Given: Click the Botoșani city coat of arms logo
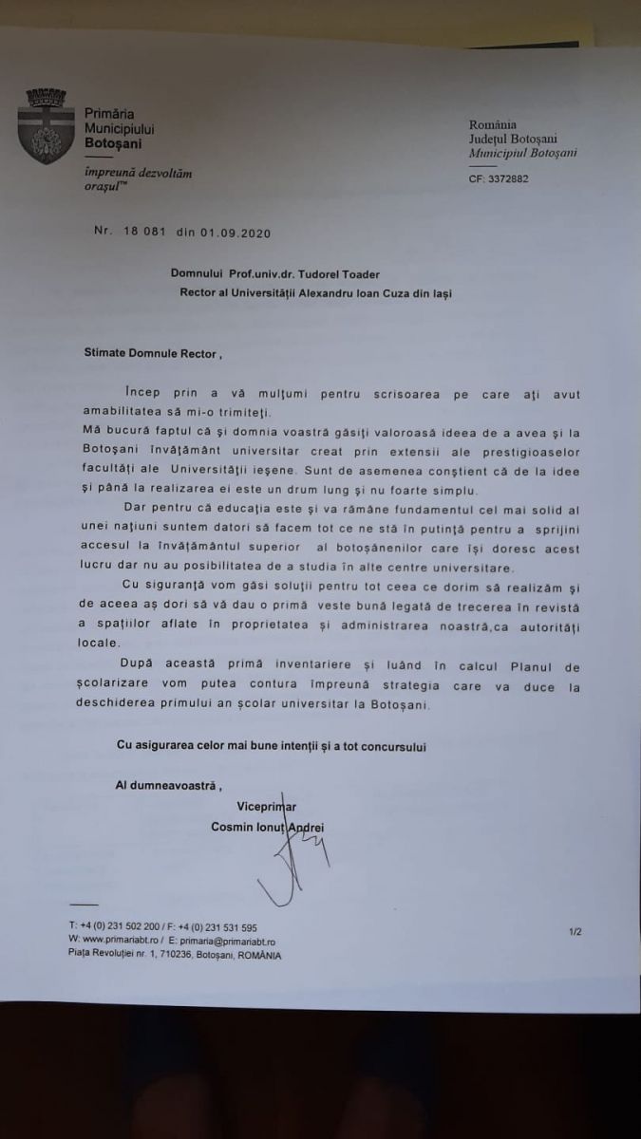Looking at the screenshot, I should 45,124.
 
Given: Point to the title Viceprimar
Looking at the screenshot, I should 293,808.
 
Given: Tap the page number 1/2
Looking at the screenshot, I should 575,932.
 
